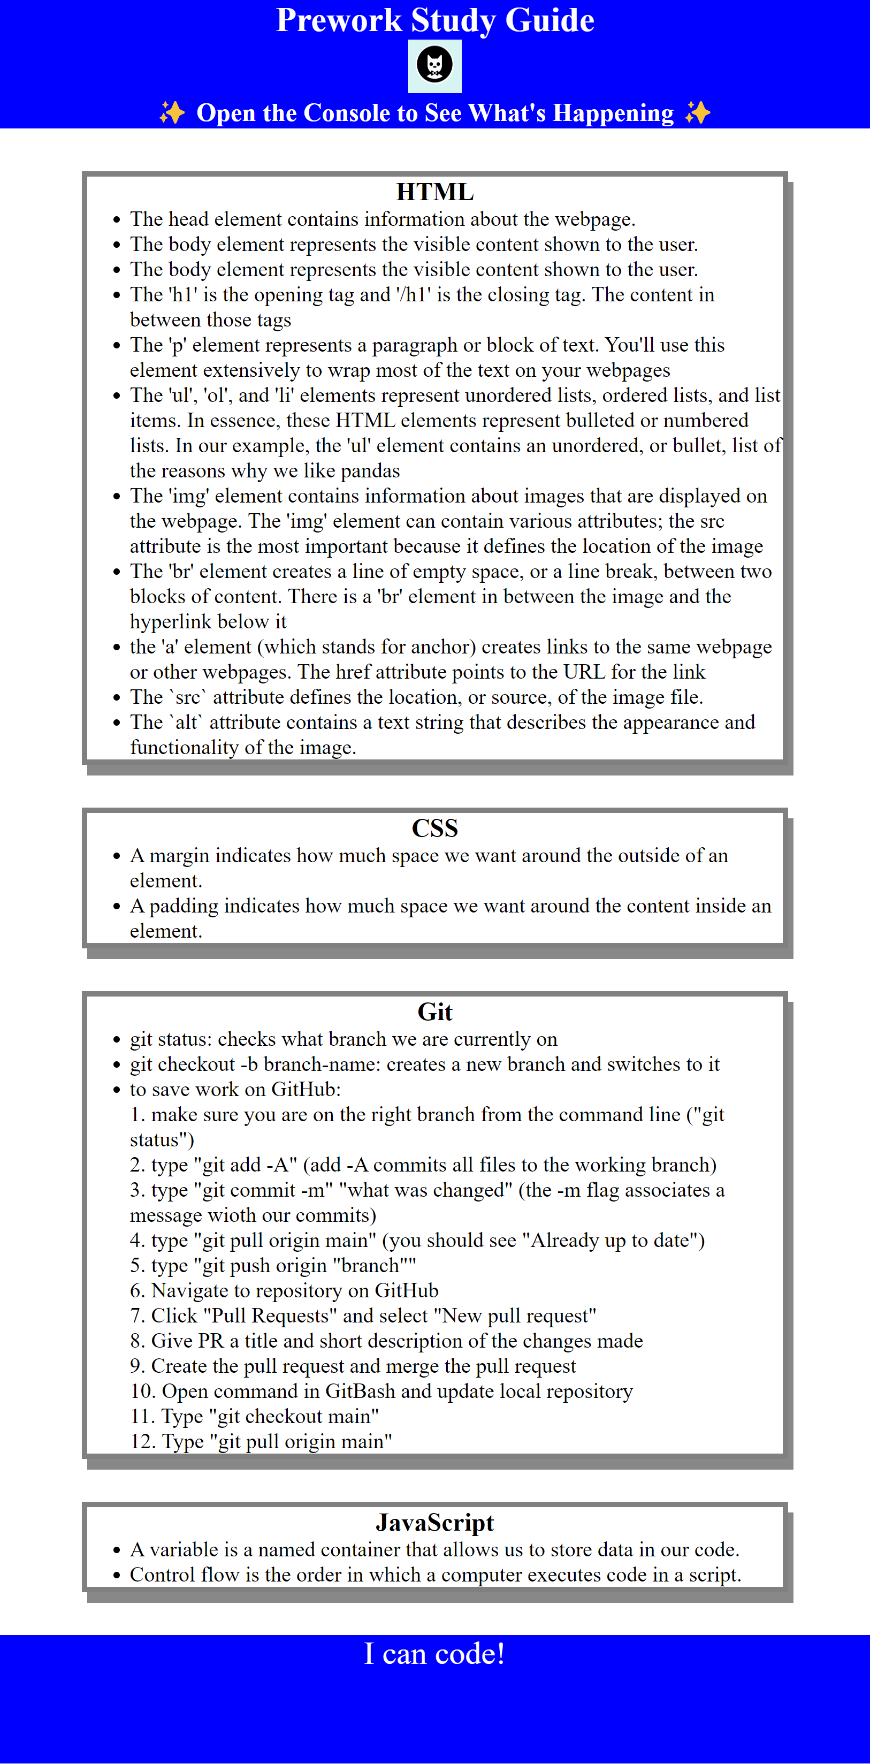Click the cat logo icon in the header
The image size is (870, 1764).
tap(434, 66)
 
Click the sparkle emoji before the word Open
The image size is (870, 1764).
tap(172, 112)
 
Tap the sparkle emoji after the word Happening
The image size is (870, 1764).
tap(698, 112)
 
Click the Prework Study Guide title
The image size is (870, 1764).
tap(434, 20)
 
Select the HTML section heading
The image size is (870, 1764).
tap(434, 193)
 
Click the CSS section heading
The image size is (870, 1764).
tap(434, 828)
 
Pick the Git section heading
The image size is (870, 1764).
tap(434, 1012)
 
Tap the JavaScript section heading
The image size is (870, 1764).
tap(434, 1522)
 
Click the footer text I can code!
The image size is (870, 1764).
tap(434, 1654)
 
